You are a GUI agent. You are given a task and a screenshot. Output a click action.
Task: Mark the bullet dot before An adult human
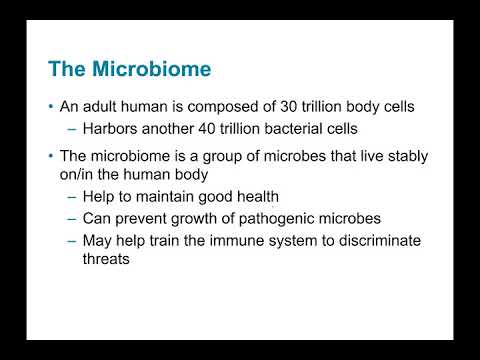point(52,107)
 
